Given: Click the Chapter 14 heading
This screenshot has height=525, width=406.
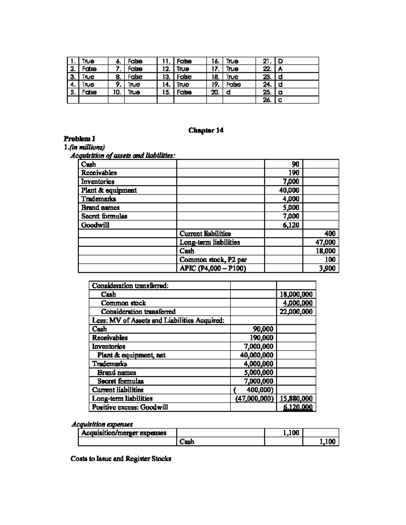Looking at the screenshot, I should pyautogui.click(x=206, y=130).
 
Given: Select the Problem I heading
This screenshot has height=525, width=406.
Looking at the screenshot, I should pyautogui.click(x=80, y=139).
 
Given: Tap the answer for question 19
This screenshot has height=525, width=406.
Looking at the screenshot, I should pyautogui.click(x=233, y=85).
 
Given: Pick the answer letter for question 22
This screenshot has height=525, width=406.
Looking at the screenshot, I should pyautogui.click(x=280, y=69).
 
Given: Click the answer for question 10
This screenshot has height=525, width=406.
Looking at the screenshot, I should pyautogui.click(x=133, y=92).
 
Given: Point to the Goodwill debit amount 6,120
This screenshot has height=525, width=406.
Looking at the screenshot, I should pyautogui.click(x=291, y=225).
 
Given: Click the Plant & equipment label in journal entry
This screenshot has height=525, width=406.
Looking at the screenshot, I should pyautogui.click(x=109, y=190).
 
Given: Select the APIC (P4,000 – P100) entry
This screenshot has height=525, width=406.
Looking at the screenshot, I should pyautogui.click(x=212, y=268).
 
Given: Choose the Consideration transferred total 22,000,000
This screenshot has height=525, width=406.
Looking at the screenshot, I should pyautogui.click(x=296, y=312).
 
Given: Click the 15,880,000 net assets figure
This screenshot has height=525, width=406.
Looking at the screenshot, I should pyautogui.click(x=296, y=399).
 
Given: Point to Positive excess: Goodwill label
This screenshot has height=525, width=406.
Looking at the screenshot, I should pyautogui.click(x=130, y=407).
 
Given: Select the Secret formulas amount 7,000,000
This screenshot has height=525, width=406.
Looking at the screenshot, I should pyautogui.click(x=258, y=381).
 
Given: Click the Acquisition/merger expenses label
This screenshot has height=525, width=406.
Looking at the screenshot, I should pyautogui.click(x=124, y=433).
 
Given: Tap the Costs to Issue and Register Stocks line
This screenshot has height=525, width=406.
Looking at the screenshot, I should pyautogui.click(x=121, y=459).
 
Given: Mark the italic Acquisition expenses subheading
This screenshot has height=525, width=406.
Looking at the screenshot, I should pyautogui.click(x=102, y=424).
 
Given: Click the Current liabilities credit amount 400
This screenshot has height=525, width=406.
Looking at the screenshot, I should pyautogui.click(x=330, y=234).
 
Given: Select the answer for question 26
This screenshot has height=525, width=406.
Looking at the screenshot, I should pyautogui.click(x=280, y=100).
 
